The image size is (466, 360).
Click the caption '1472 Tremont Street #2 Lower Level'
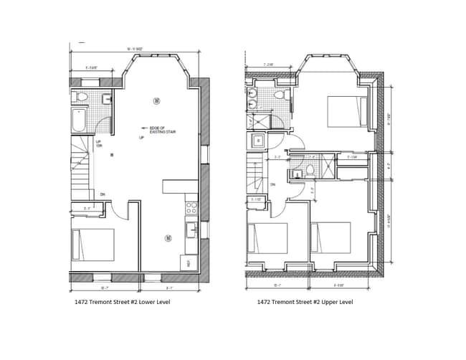click(x=122, y=302)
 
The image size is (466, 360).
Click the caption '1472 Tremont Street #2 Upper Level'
click(x=305, y=302)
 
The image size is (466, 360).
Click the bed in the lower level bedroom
click(x=92, y=245)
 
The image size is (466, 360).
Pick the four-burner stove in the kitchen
click(x=191, y=208)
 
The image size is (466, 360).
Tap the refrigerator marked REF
click(x=189, y=263)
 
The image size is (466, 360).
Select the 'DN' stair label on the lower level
click(x=103, y=194)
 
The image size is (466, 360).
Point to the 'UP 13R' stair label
click(x=98, y=144)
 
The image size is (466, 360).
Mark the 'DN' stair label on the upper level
click(x=272, y=184)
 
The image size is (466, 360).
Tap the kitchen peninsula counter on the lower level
click(x=180, y=186)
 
